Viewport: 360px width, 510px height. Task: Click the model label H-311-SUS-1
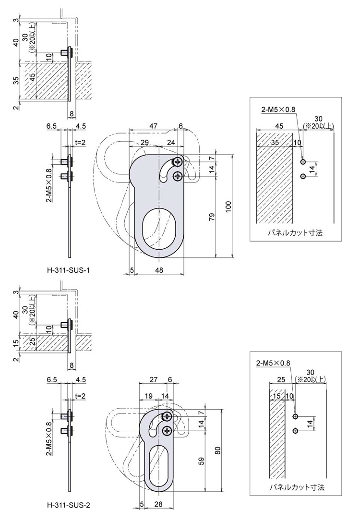[x=69, y=270]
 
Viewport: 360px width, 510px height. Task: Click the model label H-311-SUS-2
[x=69, y=505]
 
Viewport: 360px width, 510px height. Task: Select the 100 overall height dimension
[x=228, y=206]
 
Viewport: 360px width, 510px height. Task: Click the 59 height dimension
[x=202, y=461]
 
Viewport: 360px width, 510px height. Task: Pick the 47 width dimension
[x=153, y=125]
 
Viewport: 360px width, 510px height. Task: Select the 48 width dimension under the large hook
[x=159, y=270]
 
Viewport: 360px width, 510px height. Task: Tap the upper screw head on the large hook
[x=178, y=161]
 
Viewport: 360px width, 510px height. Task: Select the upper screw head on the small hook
[x=167, y=416]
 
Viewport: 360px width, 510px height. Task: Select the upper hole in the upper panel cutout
[x=303, y=161]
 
